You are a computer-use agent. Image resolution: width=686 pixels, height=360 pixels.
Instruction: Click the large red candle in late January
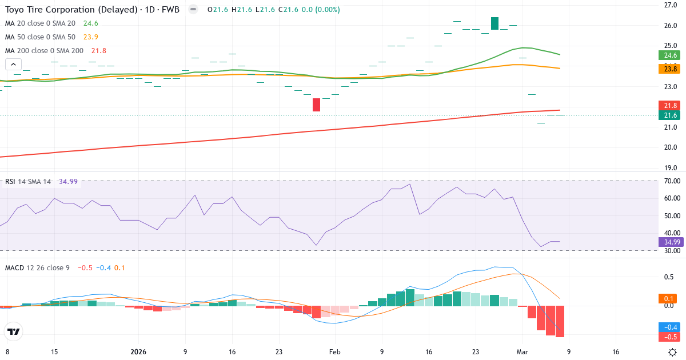317,105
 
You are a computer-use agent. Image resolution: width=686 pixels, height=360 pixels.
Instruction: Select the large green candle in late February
494,23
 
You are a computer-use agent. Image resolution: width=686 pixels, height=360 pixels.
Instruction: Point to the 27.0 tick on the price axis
671,5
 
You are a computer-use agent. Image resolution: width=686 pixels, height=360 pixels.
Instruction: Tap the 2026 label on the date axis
138,352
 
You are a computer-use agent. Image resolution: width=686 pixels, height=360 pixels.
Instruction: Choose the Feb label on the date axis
335,352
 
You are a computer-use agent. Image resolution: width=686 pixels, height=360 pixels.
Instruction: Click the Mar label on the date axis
521,352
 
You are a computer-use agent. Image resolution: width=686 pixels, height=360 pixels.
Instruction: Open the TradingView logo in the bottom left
13,332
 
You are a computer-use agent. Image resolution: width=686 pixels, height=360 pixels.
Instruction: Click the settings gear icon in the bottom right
673,352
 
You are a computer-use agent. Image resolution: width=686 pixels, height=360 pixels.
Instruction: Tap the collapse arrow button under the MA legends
13,65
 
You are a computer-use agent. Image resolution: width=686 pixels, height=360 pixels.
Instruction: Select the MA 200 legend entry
44,51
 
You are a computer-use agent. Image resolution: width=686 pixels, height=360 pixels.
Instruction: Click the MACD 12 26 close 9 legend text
37,267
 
